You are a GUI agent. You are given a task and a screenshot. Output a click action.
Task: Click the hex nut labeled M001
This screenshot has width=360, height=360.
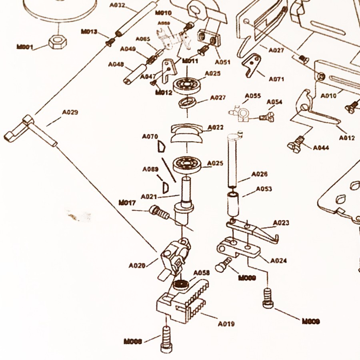coord(57,41)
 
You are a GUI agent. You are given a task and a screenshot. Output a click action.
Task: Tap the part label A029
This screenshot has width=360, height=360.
coord(70,112)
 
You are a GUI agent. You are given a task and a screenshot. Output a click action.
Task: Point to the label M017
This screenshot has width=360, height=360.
coord(127,202)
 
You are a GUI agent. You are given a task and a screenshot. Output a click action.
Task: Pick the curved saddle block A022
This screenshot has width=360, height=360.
coord(186,133)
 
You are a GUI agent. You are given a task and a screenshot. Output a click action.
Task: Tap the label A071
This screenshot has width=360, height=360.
coord(276,79)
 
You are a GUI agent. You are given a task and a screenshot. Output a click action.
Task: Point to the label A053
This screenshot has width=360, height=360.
coord(264,189)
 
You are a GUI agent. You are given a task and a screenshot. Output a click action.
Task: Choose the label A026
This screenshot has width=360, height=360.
coord(259,174)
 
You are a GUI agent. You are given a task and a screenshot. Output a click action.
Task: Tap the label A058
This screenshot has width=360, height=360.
coord(202,273)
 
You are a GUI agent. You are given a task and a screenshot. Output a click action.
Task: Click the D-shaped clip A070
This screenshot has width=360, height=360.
coord(161,147)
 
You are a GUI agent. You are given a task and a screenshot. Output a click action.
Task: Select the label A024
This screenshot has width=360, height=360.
coord(278,261)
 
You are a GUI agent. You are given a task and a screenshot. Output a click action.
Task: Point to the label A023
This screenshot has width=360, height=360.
coord(281,223)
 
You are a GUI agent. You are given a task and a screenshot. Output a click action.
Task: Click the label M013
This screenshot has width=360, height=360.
coord(89,32)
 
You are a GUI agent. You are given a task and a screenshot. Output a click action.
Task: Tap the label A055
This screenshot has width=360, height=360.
coord(253,96)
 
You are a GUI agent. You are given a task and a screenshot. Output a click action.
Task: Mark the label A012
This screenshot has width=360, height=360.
coord(347,138)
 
